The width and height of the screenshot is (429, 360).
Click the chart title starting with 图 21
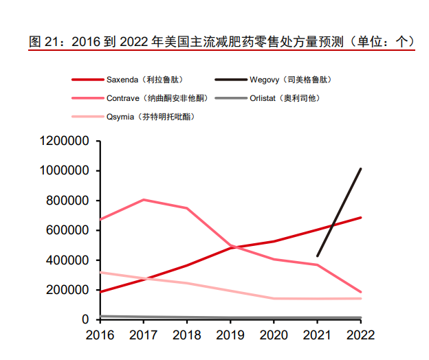(x=221, y=41)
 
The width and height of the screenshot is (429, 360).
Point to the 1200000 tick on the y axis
(x=65, y=141)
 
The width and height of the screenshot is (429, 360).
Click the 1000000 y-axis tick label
(x=65, y=170)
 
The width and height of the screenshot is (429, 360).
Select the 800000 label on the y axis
(x=69, y=201)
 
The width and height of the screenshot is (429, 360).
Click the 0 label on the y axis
(x=87, y=319)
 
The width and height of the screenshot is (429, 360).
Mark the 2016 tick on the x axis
(x=100, y=336)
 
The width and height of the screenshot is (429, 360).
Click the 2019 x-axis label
(x=230, y=336)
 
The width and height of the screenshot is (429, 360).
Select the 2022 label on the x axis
(x=360, y=336)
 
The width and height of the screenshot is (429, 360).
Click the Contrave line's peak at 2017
(x=144, y=200)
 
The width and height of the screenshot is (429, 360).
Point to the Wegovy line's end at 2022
(x=360, y=169)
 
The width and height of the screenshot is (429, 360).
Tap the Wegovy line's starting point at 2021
(x=317, y=256)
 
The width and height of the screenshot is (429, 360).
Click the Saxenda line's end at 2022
(x=360, y=218)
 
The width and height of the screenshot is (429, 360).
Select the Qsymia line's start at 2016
(x=100, y=273)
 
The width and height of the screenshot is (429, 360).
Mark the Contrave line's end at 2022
(x=360, y=292)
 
